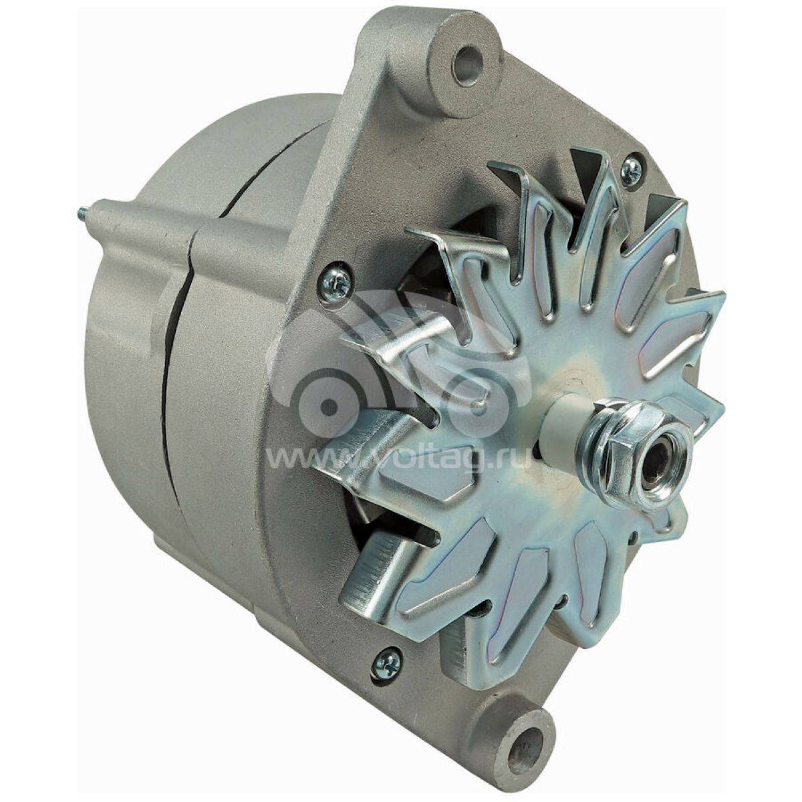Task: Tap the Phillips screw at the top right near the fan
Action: [x=631, y=167]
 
